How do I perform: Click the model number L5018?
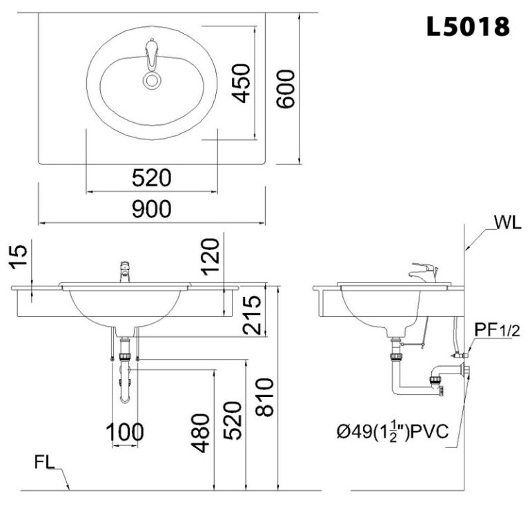[x=468, y=26]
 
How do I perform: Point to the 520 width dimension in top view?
[x=151, y=179]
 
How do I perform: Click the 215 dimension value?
[x=253, y=315]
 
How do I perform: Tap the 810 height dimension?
[x=265, y=398]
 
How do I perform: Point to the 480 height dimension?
[x=200, y=433]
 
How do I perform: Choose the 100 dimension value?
[x=125, y=433]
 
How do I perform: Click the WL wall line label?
[x=507, y=223]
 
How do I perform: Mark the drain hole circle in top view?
[x=152, y=80]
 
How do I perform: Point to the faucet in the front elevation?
[x=125, y=271]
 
